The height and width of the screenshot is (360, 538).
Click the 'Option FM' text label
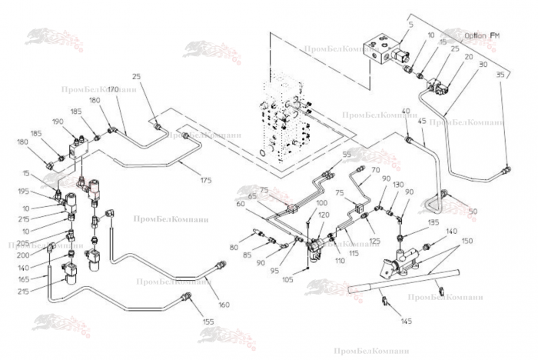point(482,35)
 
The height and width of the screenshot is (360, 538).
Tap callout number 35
point(500,75)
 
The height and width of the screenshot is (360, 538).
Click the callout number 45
point(421,121)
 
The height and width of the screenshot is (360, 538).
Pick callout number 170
point(112,90)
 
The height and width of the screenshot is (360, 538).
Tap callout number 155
point(208,321)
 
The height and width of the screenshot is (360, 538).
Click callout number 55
point(346,155)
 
